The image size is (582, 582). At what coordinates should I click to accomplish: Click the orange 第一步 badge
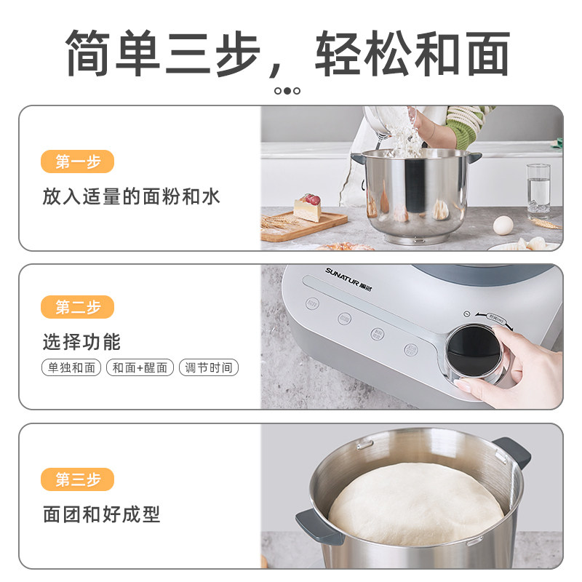(x=78, y=162)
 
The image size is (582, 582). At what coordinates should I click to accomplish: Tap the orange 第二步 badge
(x=78, y=307)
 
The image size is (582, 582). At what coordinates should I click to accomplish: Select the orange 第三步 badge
(x=78, y=479)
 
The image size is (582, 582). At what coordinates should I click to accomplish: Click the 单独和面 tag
(x=71, y=367)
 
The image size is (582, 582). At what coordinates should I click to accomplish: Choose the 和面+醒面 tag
(x=140, y=367)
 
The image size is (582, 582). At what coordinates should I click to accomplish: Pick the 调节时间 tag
(x=209, y=367)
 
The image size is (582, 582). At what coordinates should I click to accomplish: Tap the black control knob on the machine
(x=473, y=348)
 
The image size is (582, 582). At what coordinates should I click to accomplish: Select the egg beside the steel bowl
(x=503, y=226)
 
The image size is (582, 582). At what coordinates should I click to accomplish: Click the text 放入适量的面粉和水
(x=131, y=196)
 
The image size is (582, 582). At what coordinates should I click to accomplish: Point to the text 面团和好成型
(x=101, y=514)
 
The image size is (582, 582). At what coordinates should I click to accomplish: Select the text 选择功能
(x=81, y=341)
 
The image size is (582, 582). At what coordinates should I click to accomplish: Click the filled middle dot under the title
(x=287, y=91)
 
